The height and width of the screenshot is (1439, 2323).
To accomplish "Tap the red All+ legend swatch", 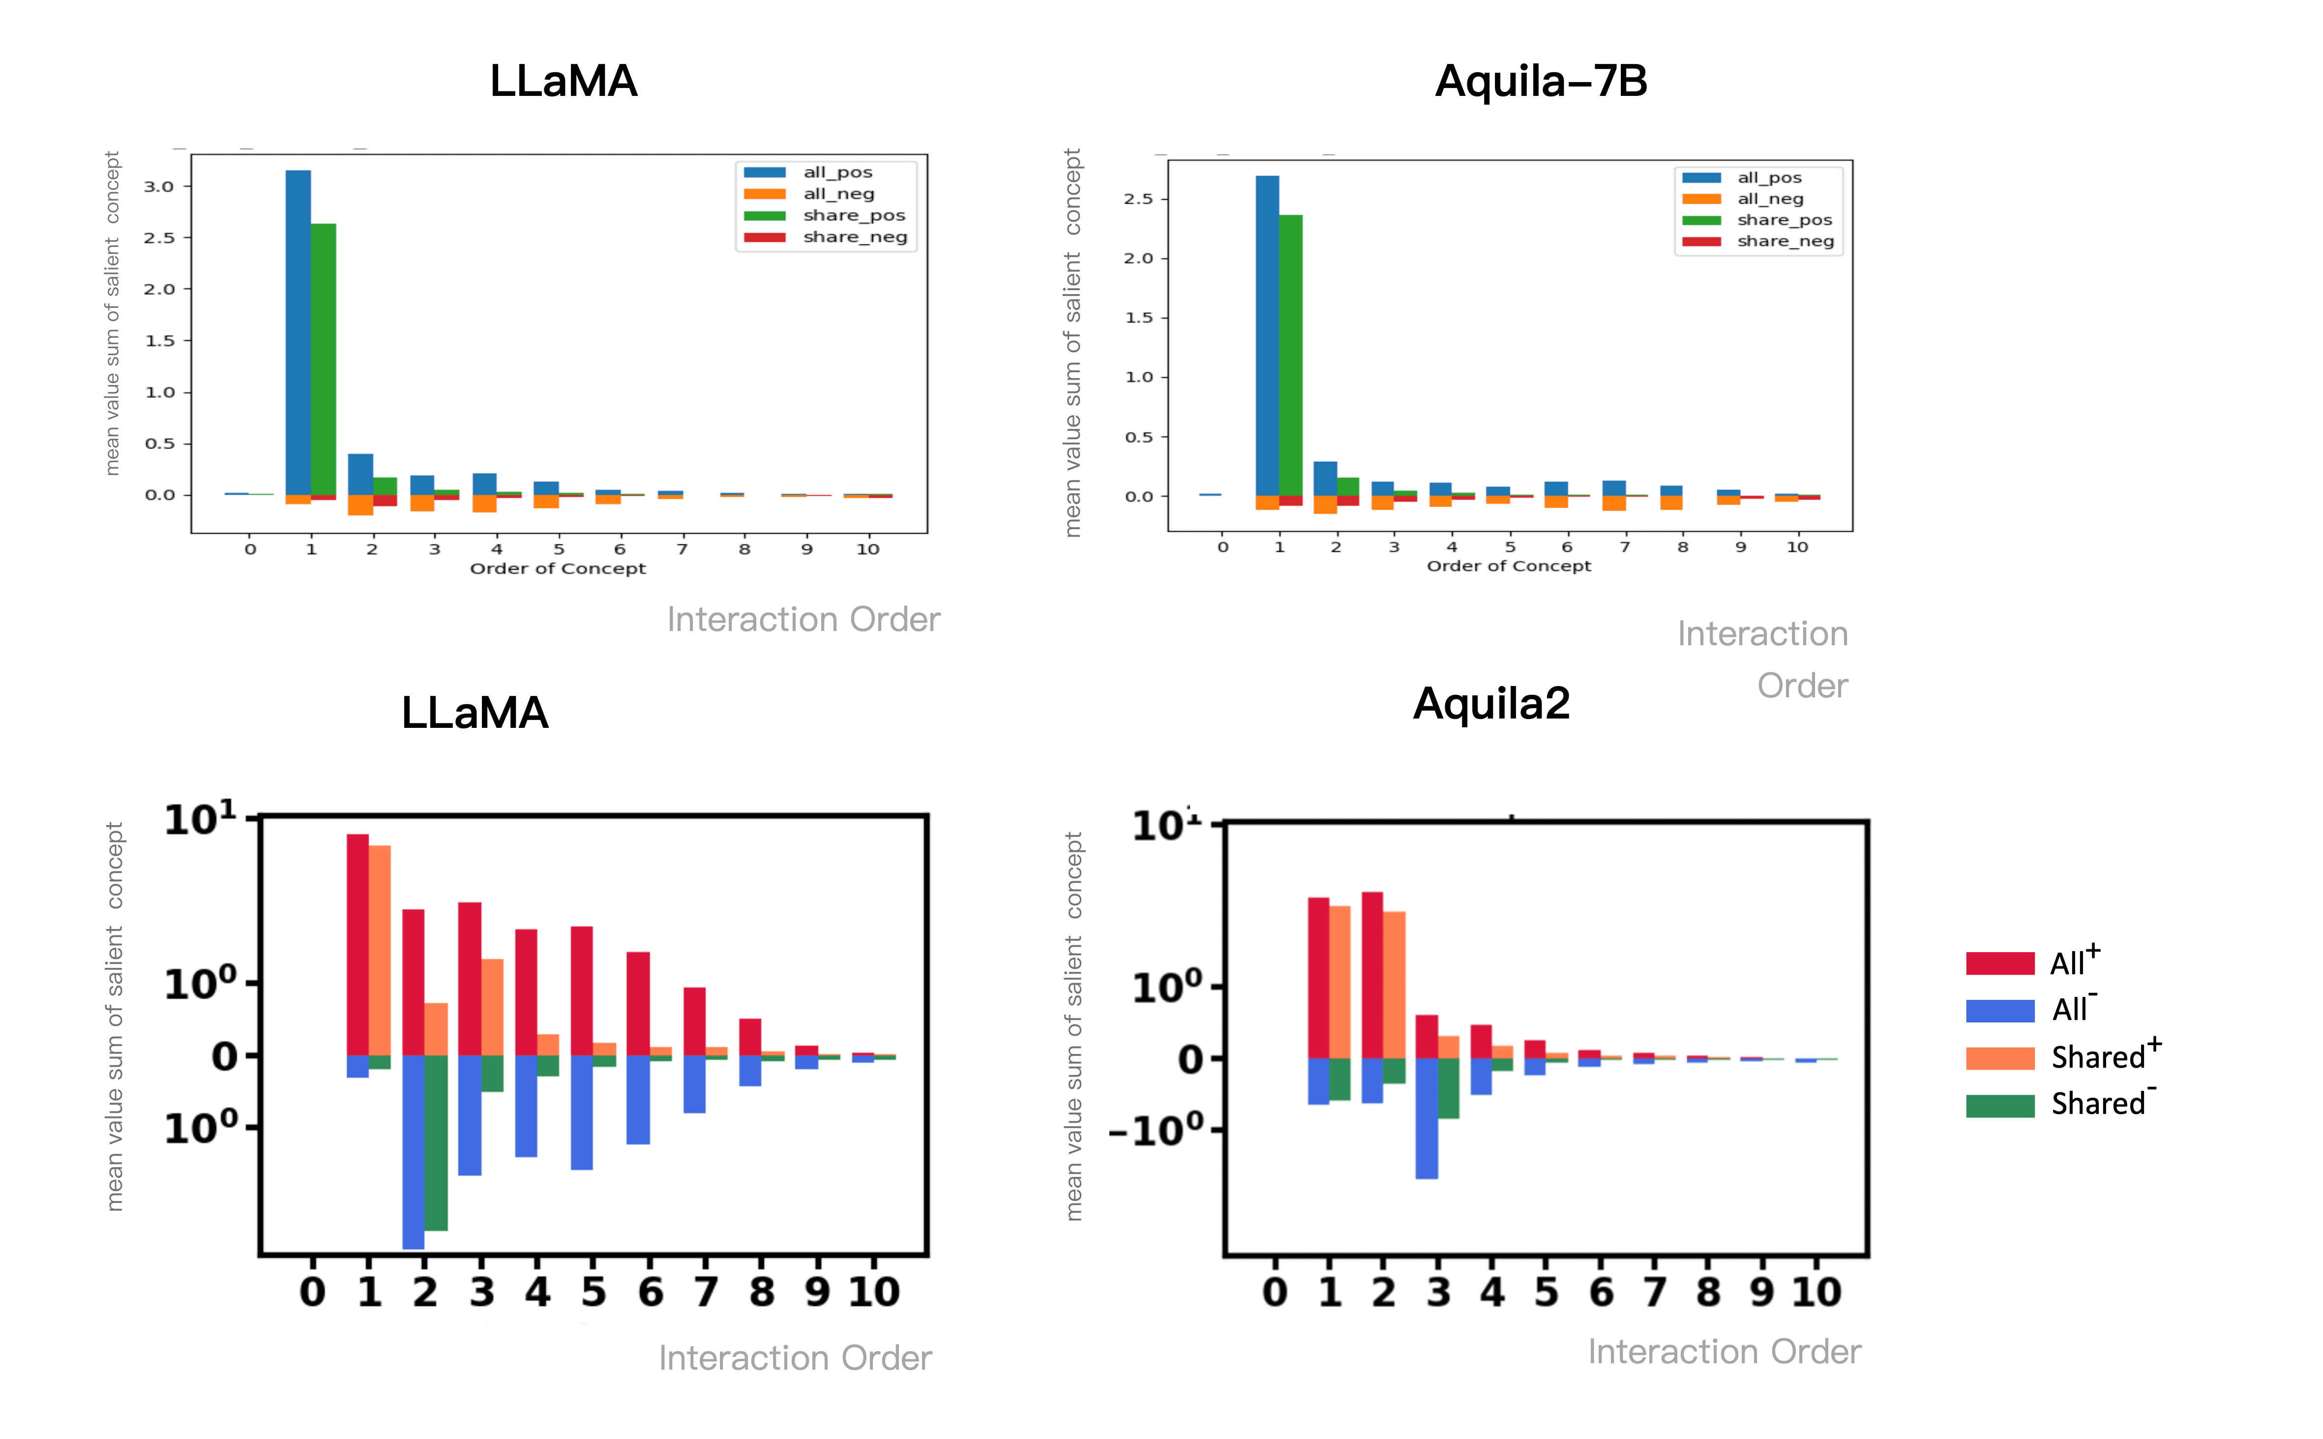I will [x=1999, y=963].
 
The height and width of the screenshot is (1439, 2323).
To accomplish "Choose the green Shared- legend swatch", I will [x=1999, y=1105].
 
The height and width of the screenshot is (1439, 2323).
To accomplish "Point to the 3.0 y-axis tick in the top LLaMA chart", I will [x=159, y=186].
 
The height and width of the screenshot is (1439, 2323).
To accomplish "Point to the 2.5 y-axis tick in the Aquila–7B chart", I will [x=1138, y=199].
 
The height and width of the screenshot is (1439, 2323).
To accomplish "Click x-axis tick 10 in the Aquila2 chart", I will [x=1816, y=1291].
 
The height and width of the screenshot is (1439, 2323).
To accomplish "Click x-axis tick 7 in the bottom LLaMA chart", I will [x=705, y=1291].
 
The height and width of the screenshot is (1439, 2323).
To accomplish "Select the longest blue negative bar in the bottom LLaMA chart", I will [x=413, y=1152].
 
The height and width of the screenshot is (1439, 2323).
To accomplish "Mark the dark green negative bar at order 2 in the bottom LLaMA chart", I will [x=436, y=1142].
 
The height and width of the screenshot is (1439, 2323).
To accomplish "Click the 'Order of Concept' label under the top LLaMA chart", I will [x=558, y=569].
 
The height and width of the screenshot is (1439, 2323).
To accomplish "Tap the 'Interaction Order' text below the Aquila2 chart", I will [x=1724, y=1351].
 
